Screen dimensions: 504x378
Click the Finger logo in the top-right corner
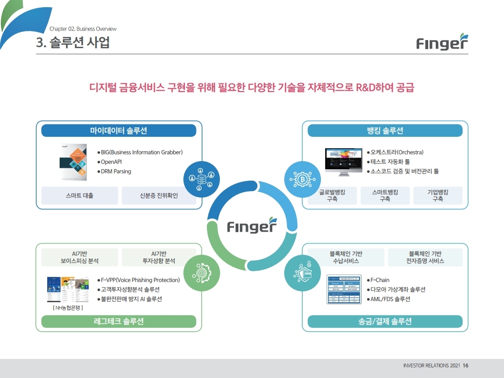coord(442,42)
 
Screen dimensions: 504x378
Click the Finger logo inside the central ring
coord(252,225)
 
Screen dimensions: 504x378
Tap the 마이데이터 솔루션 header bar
coord(119,131)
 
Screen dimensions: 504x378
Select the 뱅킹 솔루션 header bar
coord(385,131)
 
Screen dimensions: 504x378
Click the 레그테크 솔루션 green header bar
coord(119,321)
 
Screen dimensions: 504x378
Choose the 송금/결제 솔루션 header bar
coord(385,321)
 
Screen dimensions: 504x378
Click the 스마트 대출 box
coord(80,195)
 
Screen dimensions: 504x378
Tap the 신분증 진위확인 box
coord(159,195)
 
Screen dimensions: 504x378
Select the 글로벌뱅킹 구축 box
coord(332,195)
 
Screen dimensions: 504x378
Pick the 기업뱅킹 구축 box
coord(438,195)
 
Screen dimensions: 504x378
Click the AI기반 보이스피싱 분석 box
coord(80,257)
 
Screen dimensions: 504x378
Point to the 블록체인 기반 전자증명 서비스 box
coord(425,257)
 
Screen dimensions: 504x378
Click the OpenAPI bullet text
coord(111,162)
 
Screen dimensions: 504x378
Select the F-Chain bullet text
coord(380,280)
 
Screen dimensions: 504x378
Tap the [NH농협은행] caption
coord(69,307)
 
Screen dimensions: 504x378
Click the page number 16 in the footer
coord(466,366)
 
